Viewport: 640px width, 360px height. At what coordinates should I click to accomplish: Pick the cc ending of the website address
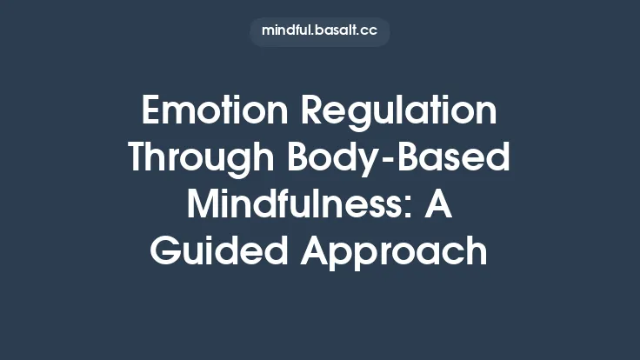[370, 31]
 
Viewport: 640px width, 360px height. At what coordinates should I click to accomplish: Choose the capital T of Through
[140, 159]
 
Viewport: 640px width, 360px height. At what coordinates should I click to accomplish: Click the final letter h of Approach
[477, 251]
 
